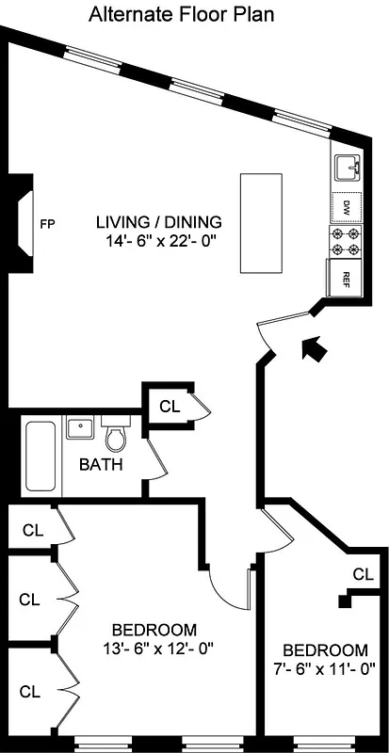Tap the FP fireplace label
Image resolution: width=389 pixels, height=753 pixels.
47,224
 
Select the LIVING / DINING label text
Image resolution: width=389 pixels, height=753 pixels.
159,222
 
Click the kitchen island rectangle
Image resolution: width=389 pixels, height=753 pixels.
260,220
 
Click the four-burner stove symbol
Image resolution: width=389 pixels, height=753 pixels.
346,242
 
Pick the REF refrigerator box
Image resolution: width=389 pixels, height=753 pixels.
346,278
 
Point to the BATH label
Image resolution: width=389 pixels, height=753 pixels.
101,464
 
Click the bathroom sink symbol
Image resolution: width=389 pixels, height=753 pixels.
79,429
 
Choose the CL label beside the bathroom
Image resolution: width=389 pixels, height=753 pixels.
169,407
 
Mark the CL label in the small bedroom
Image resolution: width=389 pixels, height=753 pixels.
363,573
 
